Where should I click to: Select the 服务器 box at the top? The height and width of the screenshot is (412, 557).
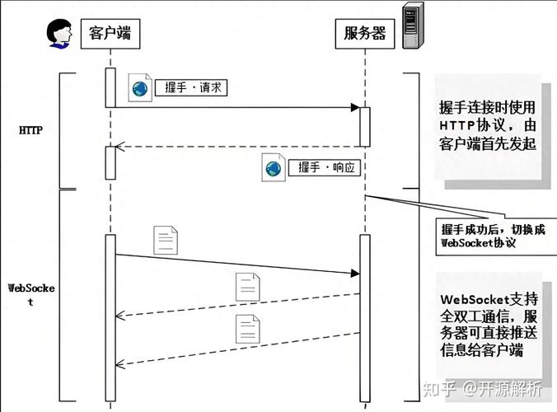(364, 34)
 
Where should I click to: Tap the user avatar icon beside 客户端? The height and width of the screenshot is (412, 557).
(60, 33)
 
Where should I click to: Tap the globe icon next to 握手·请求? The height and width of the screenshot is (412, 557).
(140, 89)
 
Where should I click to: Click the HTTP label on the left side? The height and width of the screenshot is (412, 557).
(30, 130)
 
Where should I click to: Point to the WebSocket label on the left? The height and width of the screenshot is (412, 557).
(31, 294)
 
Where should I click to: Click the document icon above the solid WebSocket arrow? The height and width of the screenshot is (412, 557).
(166, 240)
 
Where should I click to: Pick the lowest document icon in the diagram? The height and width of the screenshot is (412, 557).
(247, 328)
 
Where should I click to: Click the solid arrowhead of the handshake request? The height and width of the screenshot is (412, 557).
(354, 108)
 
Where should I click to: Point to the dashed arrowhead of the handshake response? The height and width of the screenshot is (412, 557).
(119, 147)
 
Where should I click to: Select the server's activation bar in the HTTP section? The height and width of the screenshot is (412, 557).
(364, 126)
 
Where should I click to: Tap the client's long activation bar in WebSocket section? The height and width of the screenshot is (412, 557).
(110, 317)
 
